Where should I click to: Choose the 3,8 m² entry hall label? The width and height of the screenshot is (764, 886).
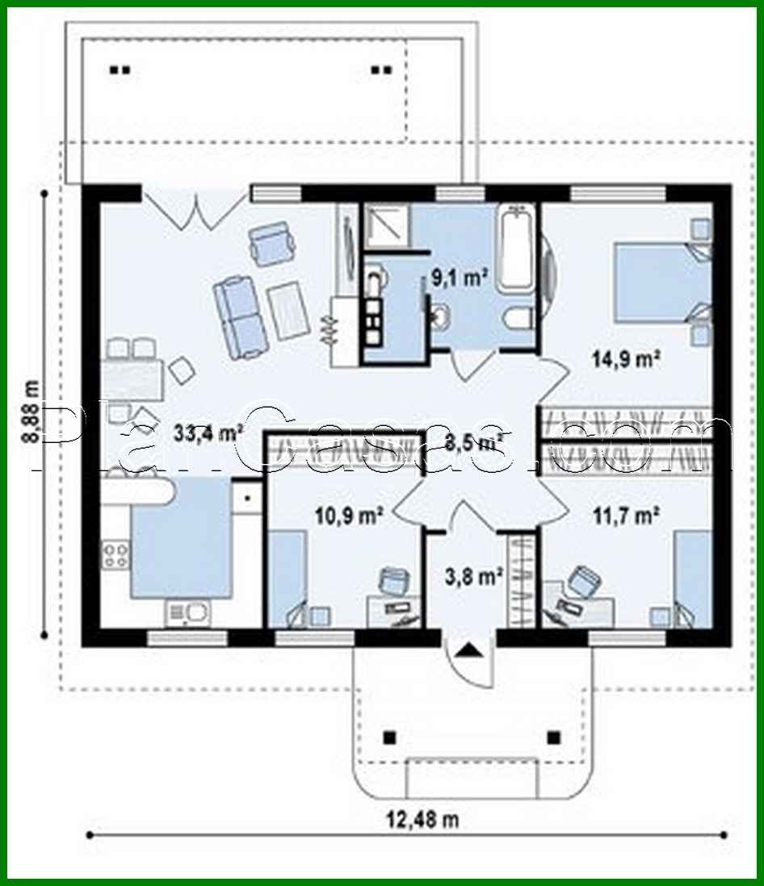pos(474,576)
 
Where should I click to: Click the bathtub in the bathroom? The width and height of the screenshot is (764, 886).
pos(516,250)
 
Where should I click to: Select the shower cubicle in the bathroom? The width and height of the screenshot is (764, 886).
pos(386,225)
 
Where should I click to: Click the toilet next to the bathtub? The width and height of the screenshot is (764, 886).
pos(515,320)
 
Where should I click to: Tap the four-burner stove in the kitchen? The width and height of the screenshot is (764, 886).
pos(115,554)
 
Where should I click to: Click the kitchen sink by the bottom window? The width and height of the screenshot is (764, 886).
pos(188,612)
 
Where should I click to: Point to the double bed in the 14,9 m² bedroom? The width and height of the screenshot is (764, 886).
pos(661,282)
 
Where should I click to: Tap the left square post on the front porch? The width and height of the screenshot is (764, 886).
pos(390,737)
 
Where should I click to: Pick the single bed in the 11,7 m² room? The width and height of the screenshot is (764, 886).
pos(692,577)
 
